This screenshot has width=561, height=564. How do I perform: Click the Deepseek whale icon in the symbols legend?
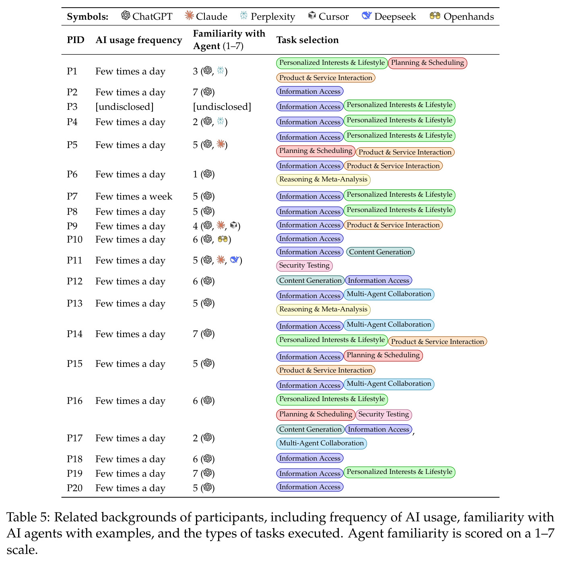(x=366, y=15)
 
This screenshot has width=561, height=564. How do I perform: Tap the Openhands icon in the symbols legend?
(x=435, y=16)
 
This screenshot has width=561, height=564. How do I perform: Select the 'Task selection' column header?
(x=307, y=40)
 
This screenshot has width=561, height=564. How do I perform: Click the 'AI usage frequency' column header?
(x=139, y=40)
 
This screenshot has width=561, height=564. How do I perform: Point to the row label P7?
(x=72, y=196)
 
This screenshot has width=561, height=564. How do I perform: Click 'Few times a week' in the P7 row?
(x=134, y=196)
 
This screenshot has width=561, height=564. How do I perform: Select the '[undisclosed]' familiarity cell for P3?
(x=222, y=107)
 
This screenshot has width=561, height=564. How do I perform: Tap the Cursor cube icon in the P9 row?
(x=234, y=225)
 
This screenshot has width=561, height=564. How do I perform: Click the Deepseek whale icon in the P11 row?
(x=235, y=259)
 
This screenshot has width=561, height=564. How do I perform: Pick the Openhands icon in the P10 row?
(x=223, y=239)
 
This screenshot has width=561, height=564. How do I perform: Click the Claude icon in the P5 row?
(x=221, y=144)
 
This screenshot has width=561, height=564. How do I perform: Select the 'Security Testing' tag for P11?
(x=304, y=266)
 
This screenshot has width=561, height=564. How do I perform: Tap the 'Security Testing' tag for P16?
(x=384, y=414)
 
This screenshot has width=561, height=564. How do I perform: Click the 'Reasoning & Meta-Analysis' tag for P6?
(x=323, y=179)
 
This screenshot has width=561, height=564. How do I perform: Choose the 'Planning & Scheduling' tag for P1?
(x=427, y=63)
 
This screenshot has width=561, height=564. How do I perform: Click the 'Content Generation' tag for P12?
(x=310, y=280)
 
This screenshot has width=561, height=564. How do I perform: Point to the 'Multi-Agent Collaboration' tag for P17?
(x=322, y=443)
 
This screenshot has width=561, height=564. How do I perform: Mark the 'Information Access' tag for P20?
(x=310, y=487)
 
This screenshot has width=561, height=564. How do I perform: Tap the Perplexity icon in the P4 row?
(x=221, y=121)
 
